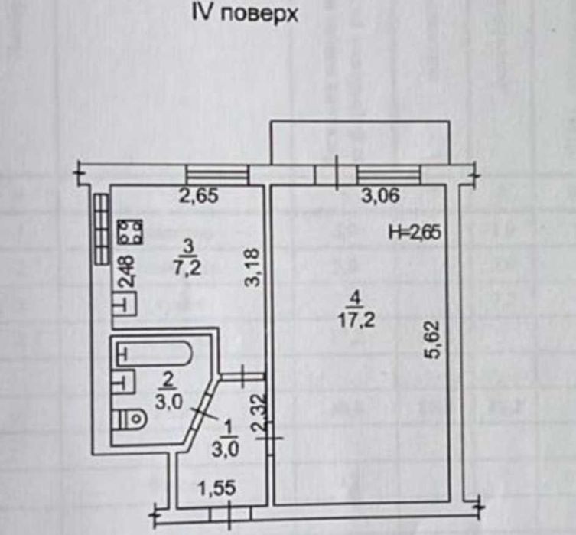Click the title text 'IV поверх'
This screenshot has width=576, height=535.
(245, 15)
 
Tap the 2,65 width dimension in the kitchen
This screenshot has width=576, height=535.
(198, 195)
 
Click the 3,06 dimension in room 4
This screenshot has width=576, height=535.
(380, 195)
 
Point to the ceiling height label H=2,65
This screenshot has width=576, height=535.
(415, 232)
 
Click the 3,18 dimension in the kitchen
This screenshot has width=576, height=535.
(252, 268)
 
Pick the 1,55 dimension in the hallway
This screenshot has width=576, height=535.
(216, 489)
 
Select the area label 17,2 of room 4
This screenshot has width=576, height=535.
(356, 321)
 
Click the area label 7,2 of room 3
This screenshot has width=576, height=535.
(187, 268)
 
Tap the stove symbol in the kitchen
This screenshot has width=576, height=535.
(130, 231)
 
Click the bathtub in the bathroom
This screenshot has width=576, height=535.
(154, 354)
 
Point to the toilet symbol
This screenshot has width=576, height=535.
(129, 419)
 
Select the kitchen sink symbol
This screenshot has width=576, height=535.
(125, 304)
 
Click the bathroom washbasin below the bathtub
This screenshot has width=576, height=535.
(123, 382)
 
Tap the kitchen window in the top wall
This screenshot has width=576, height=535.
(217, 175)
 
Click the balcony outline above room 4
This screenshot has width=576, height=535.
(360, 121)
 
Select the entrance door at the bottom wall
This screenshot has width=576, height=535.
(230, 513)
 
